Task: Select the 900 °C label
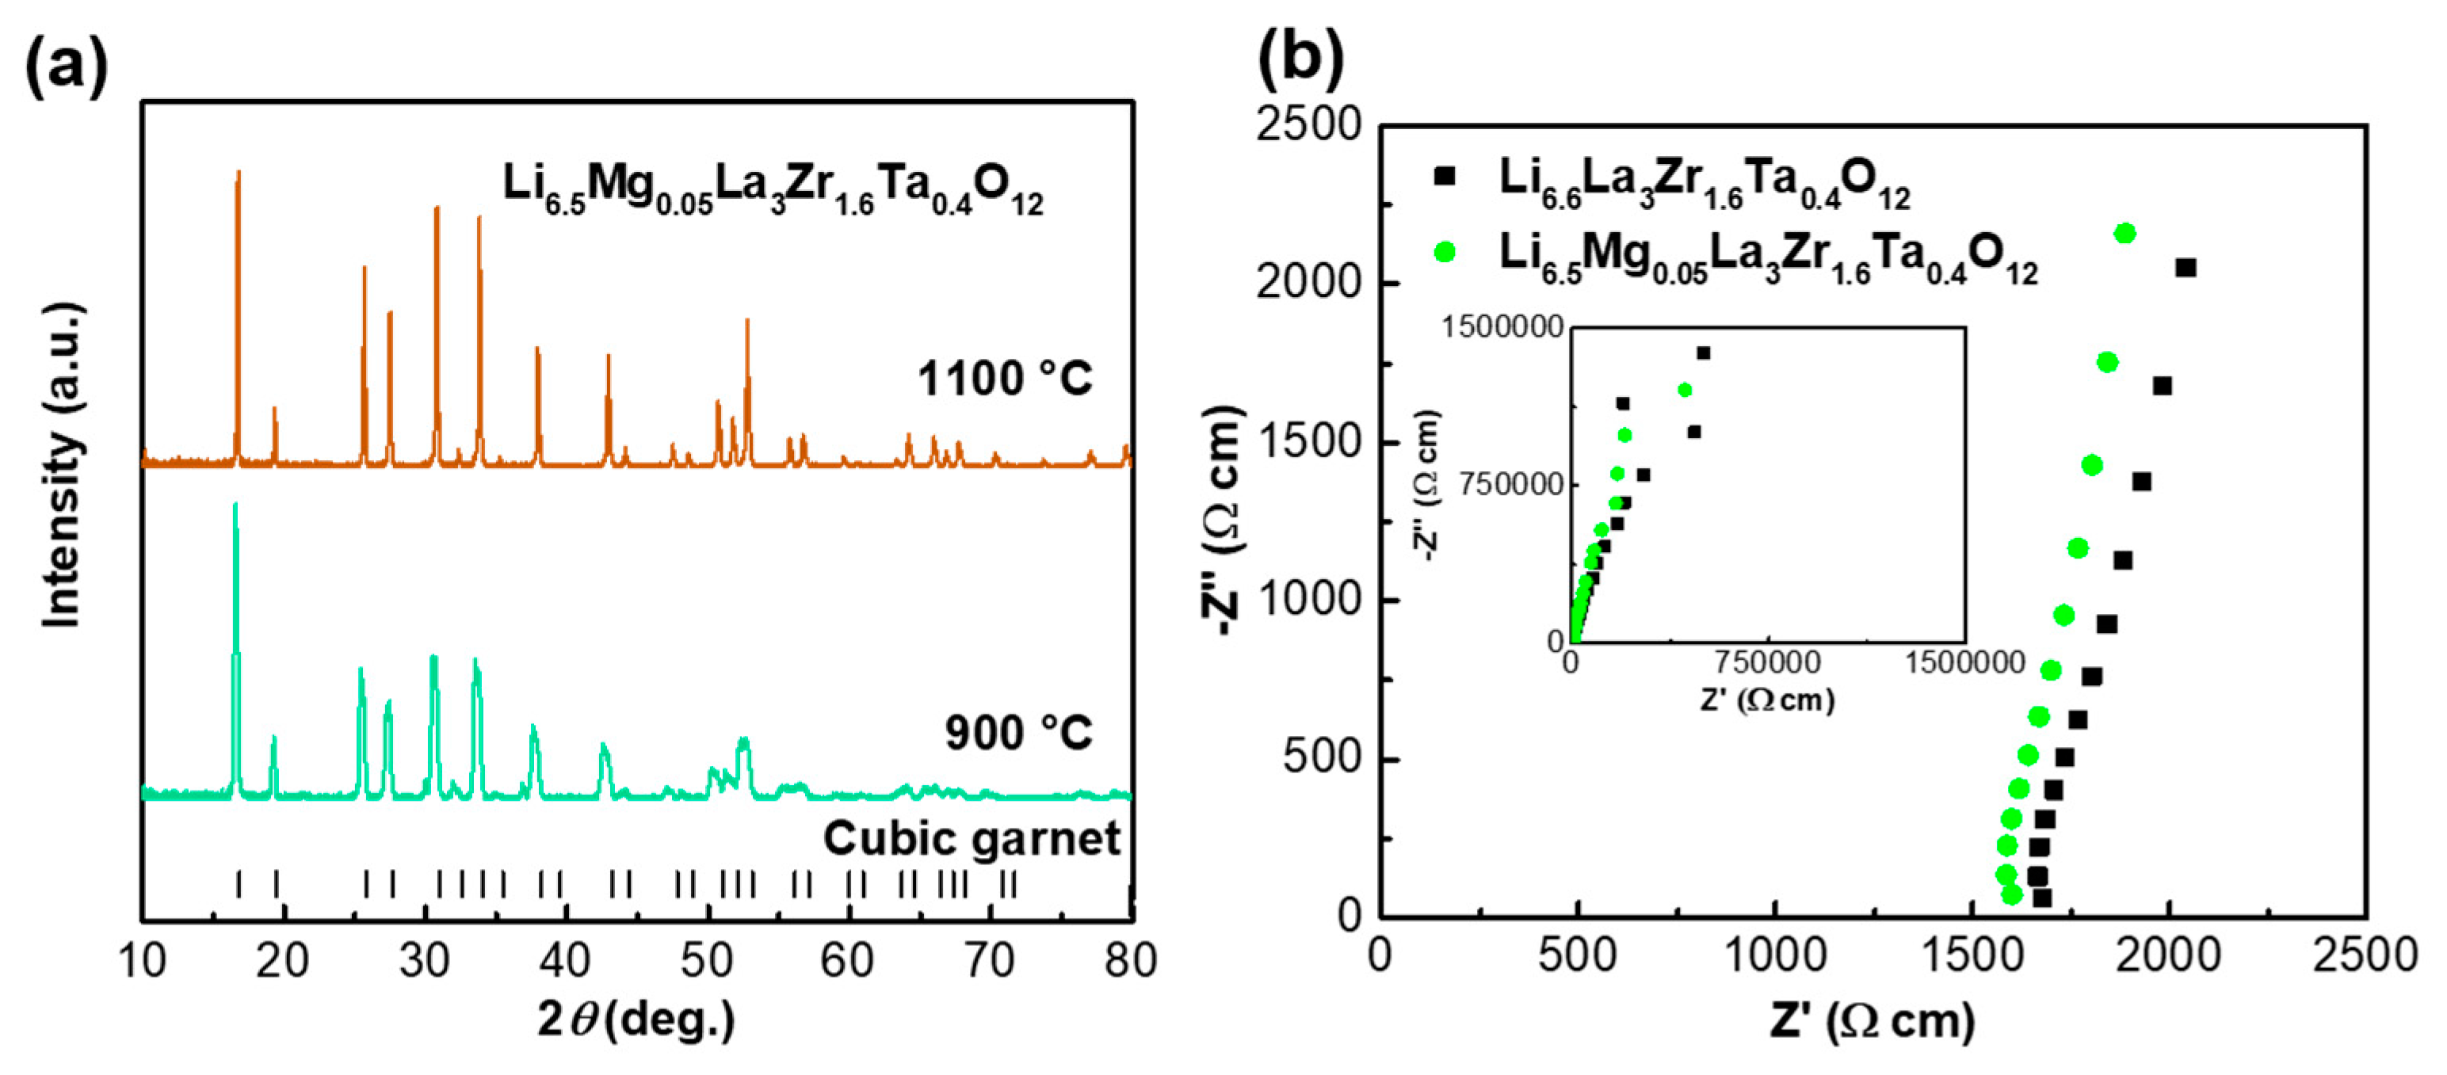point(1017,732)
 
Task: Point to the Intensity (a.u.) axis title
point(63,465)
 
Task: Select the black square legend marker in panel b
point(1445,177)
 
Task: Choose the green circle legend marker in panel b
point(1445,252)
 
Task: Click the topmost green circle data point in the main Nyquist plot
point(2125,234)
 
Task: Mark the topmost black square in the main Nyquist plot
point(2186,268)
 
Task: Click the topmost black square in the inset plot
point(1703,353)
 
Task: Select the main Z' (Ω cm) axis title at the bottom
point(1872,1022)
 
